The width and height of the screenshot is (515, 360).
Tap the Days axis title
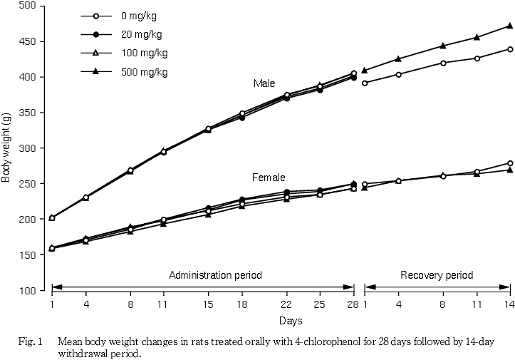point(290,322)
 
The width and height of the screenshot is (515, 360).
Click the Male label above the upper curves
point(264,83)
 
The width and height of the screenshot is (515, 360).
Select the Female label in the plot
point(269,177)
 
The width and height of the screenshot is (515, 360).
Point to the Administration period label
point(215,275)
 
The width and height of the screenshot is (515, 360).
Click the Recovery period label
point(436,275)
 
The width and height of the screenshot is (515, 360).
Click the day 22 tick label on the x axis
point(286,305)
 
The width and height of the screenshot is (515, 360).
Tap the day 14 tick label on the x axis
point(510,305)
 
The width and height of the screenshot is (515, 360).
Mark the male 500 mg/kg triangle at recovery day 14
point(510,26)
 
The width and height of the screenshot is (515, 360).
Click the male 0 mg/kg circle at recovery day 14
point(510,49)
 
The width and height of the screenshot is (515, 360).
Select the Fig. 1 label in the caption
point(31,341)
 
